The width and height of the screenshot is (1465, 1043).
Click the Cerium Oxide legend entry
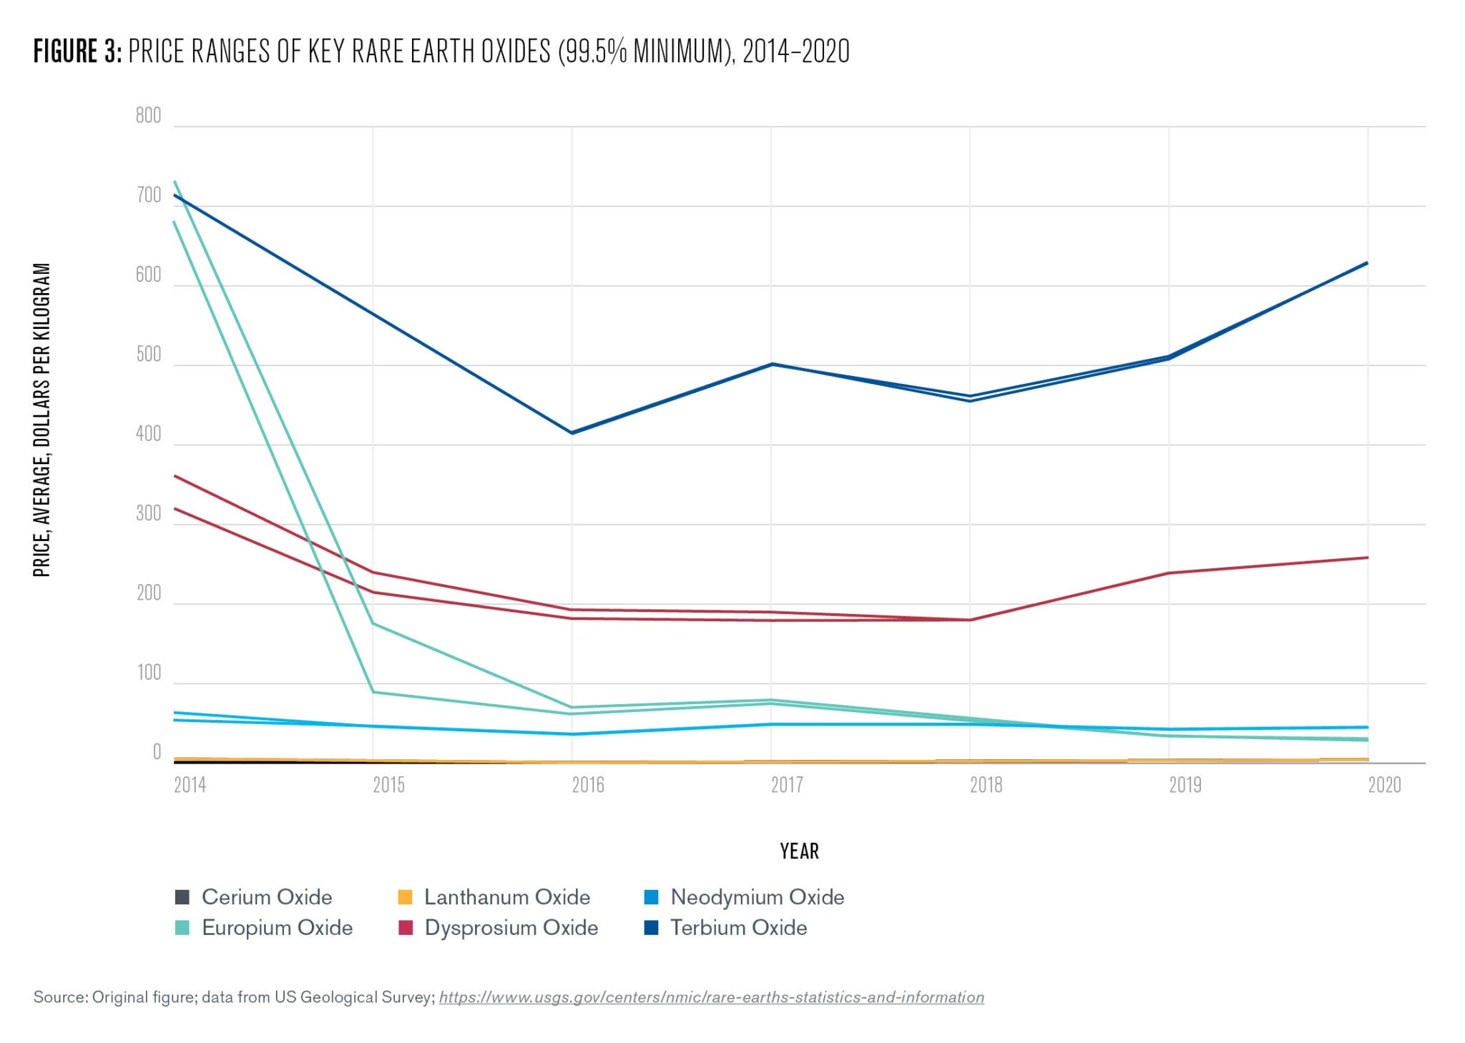(254, 897)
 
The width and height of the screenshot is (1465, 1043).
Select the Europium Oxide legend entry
(264, 928)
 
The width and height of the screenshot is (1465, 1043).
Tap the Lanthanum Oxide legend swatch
(405, 897)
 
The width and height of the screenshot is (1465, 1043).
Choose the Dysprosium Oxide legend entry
(498, 928)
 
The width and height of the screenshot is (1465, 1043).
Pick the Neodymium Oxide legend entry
(744, 897)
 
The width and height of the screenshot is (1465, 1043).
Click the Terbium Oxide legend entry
(725, 928)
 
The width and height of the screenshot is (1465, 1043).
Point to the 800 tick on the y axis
(149, 116)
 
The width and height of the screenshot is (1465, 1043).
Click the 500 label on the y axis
(149, 355)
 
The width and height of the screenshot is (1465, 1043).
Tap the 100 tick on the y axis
(149, 673)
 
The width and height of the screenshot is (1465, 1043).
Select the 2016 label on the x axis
(588, 786)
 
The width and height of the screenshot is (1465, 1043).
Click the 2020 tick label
(1384, 786)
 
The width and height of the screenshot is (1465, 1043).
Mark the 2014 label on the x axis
(190, 786)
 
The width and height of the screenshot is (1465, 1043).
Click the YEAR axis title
(799, 851)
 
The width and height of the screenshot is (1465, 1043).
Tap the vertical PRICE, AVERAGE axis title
(42, 420)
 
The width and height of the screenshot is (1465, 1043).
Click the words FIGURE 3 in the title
(77, 51)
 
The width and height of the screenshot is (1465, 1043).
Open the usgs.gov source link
(711, 997)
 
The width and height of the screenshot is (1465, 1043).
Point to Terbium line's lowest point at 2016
(572, 433)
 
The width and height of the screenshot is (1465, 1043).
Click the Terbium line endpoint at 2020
(1368, 263)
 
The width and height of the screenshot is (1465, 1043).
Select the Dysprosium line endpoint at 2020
(1368, 558)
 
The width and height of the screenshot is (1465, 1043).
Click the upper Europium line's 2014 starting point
(175, 182)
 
